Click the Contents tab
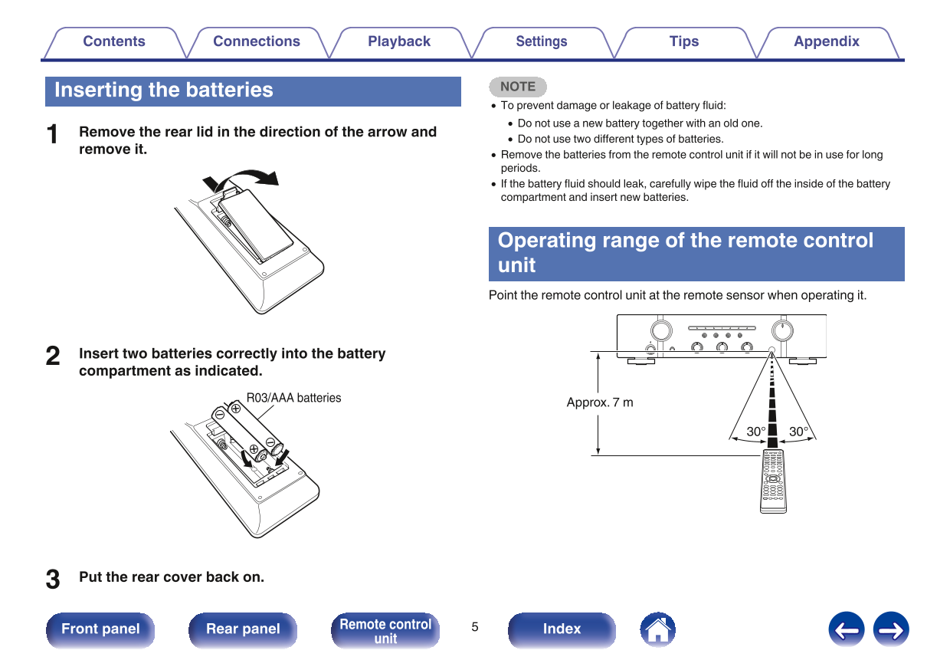[x=114, y=42]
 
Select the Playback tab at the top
[x=399, y=42]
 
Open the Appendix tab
[x=826, y=42]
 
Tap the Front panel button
[x=100, y=629]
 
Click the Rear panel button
[x=243, y=629]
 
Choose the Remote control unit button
[x=385, y=630]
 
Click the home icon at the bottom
[x=657, y=629]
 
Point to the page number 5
[x=474, y=627]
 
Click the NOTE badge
[x=518, y=87]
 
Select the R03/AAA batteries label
[x=293, y=398]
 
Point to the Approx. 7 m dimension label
[x=600, y=402]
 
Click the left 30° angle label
[x=756, y=432]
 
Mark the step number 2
[x=53, y=356]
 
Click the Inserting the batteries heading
[x=164, y=90]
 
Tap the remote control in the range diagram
[x=772, y=481]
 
